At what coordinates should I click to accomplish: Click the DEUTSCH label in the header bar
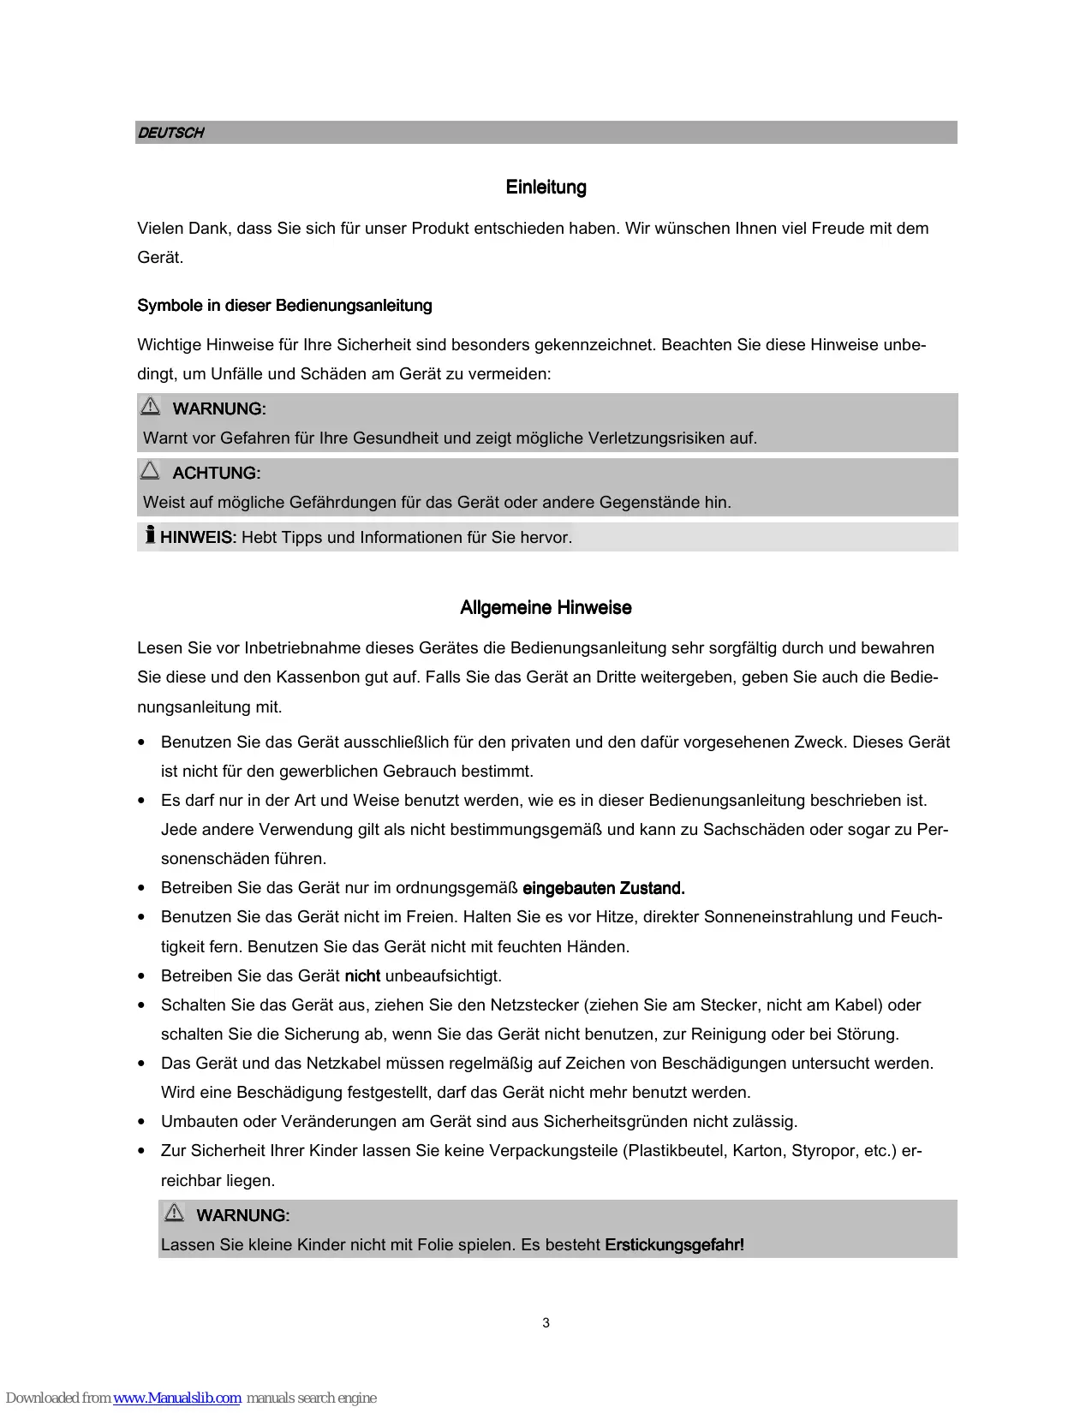[x=171, y=133]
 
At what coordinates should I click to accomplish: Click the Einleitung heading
[x=546, y=188]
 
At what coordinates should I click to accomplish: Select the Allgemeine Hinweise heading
[x=546, y=608]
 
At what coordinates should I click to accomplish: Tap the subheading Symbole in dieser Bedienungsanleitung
[x=284, y=306]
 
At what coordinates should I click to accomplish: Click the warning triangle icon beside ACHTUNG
[x=150, y=470]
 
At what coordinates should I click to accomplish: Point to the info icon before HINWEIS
[x=150, y=535]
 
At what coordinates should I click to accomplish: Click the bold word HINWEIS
[x=197, y=538]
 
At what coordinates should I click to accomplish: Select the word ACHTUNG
[x=216, y=474]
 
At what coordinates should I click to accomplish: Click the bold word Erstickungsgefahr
[x=674, y=1245]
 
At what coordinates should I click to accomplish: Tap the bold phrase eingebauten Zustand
[x=603, y=888]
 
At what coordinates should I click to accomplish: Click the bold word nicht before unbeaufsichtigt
[x=362, y=976]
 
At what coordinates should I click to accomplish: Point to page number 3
[x=546, y=1323]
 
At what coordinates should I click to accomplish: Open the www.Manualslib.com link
[x=177, y=1398]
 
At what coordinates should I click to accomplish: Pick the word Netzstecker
[x=534, y=1005]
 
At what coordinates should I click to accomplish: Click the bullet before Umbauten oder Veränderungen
[x=141, y=1122]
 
